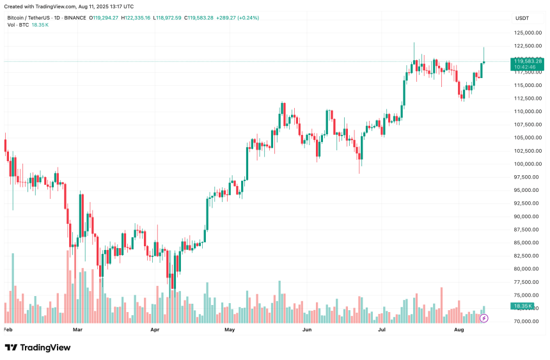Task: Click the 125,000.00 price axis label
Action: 527,33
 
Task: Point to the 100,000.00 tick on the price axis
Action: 527,164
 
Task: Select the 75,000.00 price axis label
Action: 527,295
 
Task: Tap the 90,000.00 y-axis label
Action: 527,217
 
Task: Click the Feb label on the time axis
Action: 8,330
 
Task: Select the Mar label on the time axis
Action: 78,330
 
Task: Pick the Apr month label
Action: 154,330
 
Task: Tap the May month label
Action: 230,330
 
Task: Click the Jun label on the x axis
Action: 306,330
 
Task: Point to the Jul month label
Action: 382,330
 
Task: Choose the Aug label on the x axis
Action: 459,330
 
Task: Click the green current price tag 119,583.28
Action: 528,61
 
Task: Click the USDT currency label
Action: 522,18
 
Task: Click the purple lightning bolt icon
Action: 484,318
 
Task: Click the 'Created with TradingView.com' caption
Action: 67,6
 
